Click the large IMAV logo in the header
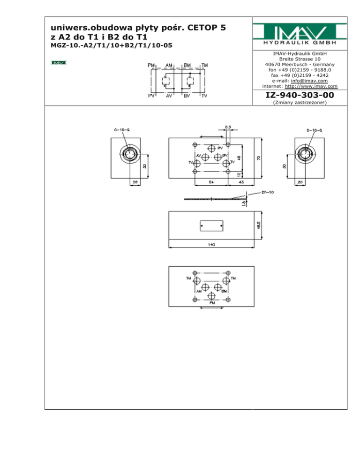[300, 34]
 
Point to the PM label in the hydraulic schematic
[152, 65]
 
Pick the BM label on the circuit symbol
[187, 65]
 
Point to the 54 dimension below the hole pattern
[211, 181]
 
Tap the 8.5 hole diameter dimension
[227, 127]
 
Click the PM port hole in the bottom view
[211, 296]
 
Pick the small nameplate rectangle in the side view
[211, 226]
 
